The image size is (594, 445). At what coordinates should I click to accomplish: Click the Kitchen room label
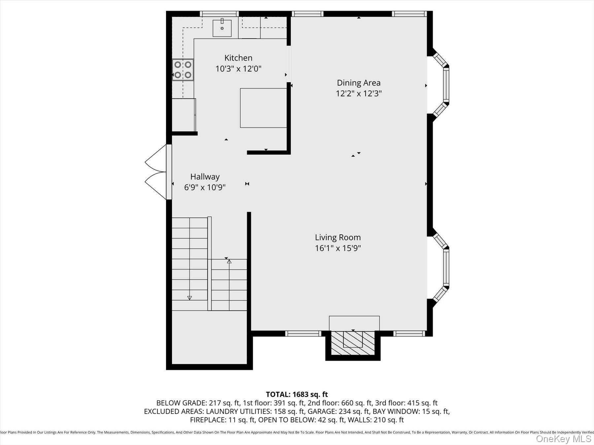(238, 58)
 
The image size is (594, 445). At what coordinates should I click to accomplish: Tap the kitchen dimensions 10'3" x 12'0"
(238, 69)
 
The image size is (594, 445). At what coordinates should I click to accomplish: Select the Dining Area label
(358, 83)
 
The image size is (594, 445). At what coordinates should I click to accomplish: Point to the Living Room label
(338, 237)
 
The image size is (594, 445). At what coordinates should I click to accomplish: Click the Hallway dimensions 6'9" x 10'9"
(205, 188)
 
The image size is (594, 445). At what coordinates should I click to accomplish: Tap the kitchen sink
(222, 28)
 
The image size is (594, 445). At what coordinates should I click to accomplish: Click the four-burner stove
(183, 70)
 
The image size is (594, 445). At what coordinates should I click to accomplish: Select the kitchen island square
(263, 108)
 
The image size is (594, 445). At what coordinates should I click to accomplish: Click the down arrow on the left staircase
(189, 298)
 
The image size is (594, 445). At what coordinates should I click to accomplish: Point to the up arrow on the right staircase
(229, 262)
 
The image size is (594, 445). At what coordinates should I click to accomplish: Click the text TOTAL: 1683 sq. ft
(297, 394)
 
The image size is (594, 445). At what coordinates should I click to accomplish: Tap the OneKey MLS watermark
(563, 439)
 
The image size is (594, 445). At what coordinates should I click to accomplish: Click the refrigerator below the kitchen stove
(184, 115)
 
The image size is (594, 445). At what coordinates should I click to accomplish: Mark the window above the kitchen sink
(219, 14)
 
